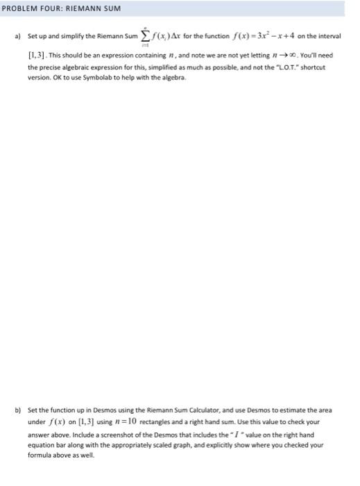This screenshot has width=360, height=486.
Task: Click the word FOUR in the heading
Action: pos(46,8)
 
